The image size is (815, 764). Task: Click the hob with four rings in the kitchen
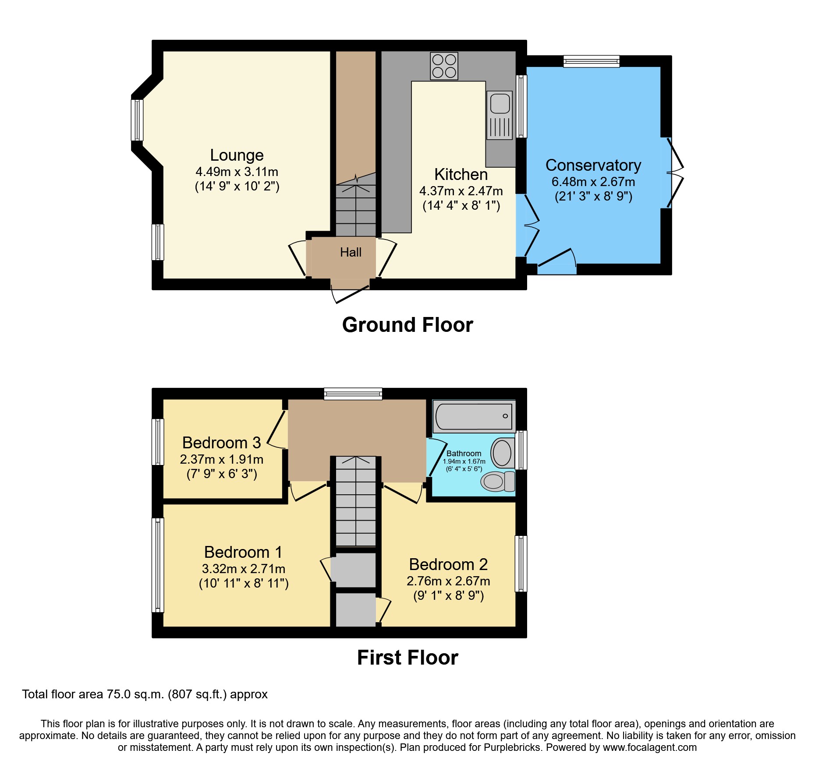pos(444,66)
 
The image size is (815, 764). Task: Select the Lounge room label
pos(237,155)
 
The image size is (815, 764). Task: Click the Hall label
pos(351,252)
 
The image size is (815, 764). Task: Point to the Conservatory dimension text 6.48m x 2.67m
pos(593,182)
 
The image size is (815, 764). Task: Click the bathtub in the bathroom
pos(474,416)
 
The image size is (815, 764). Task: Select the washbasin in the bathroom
pos(502,453)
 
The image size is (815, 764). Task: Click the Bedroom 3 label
pos(221,443)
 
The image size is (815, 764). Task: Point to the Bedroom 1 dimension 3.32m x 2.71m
pos(243,569)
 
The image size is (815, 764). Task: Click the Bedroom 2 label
pos(448,564)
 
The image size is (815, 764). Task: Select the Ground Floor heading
pos(407,325)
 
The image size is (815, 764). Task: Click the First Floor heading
pos(407,658)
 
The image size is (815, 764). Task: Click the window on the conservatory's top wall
pos(591,61)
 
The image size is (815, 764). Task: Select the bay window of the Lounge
pos(137,120)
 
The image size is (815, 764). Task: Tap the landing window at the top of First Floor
pos(353,394)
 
